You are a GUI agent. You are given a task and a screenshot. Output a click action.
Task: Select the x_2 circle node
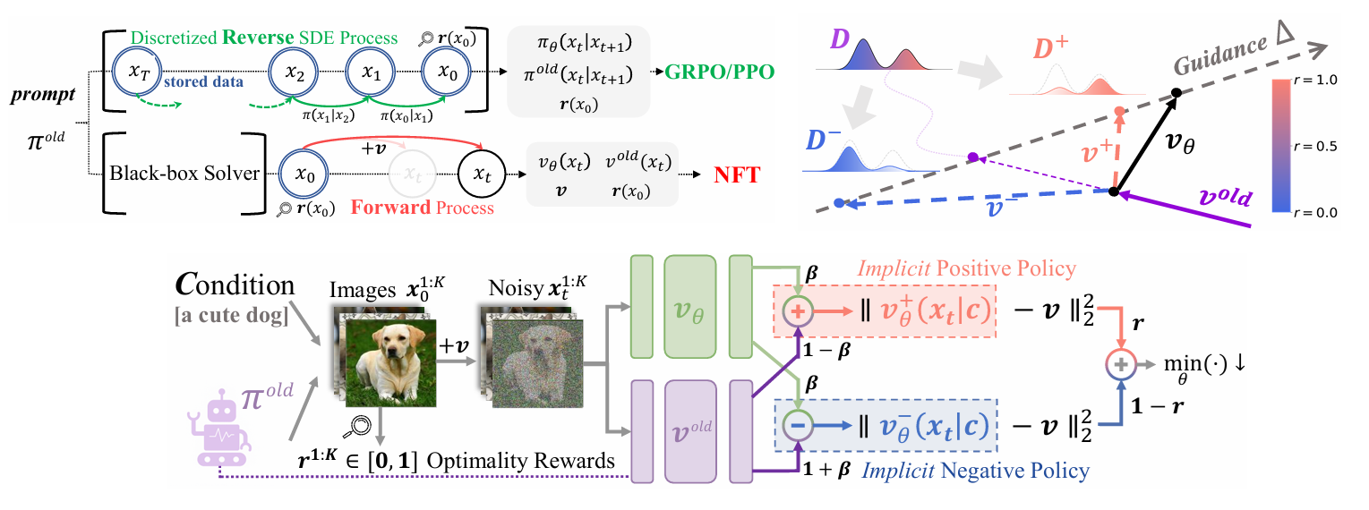(295, 74)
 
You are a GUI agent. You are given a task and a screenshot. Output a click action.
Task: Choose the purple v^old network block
(690, 430)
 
